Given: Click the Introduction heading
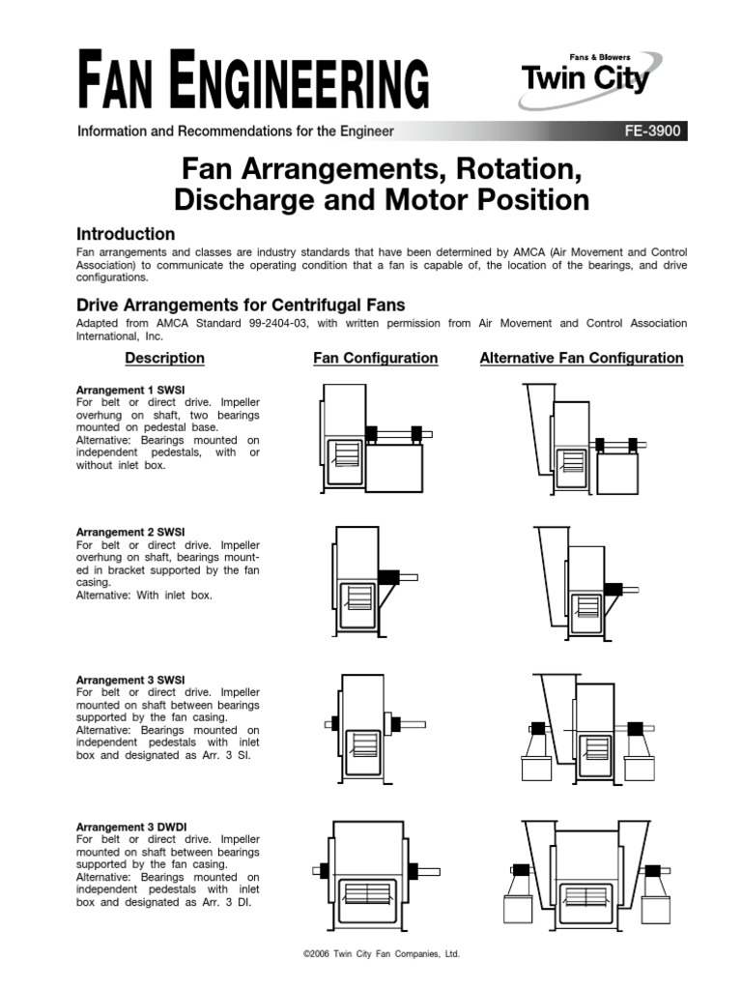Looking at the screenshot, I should [x=126, y=234].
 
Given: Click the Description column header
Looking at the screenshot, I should [x=164, y=358].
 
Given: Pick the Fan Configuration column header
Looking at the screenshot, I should [x=375, y=358].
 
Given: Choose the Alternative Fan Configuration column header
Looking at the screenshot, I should [x=581, y=358].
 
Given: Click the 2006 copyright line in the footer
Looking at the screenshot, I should [x=382, y=953].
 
